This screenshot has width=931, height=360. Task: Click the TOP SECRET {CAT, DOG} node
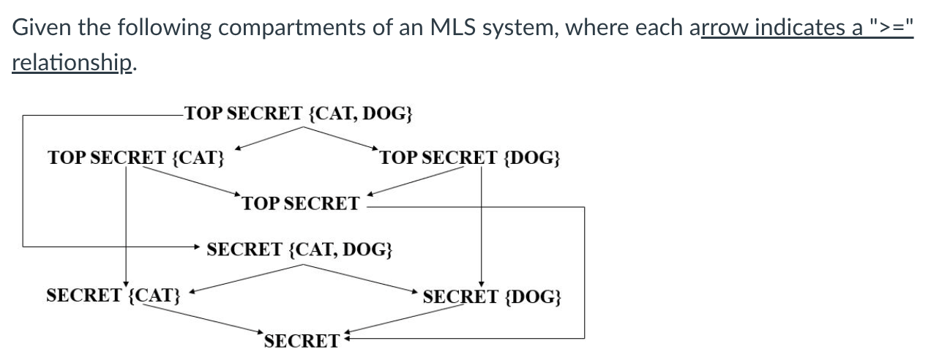pos(299,113)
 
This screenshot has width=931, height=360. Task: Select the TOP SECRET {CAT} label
pos(136,157)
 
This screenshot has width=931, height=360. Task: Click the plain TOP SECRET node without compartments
pos(301,203)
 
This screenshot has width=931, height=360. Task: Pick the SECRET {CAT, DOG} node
pos(299,250)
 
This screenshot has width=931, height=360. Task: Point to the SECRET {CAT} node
pos(113,296)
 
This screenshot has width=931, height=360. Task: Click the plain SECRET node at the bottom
pos(302,341)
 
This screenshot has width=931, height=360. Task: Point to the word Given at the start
pos(41,28)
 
